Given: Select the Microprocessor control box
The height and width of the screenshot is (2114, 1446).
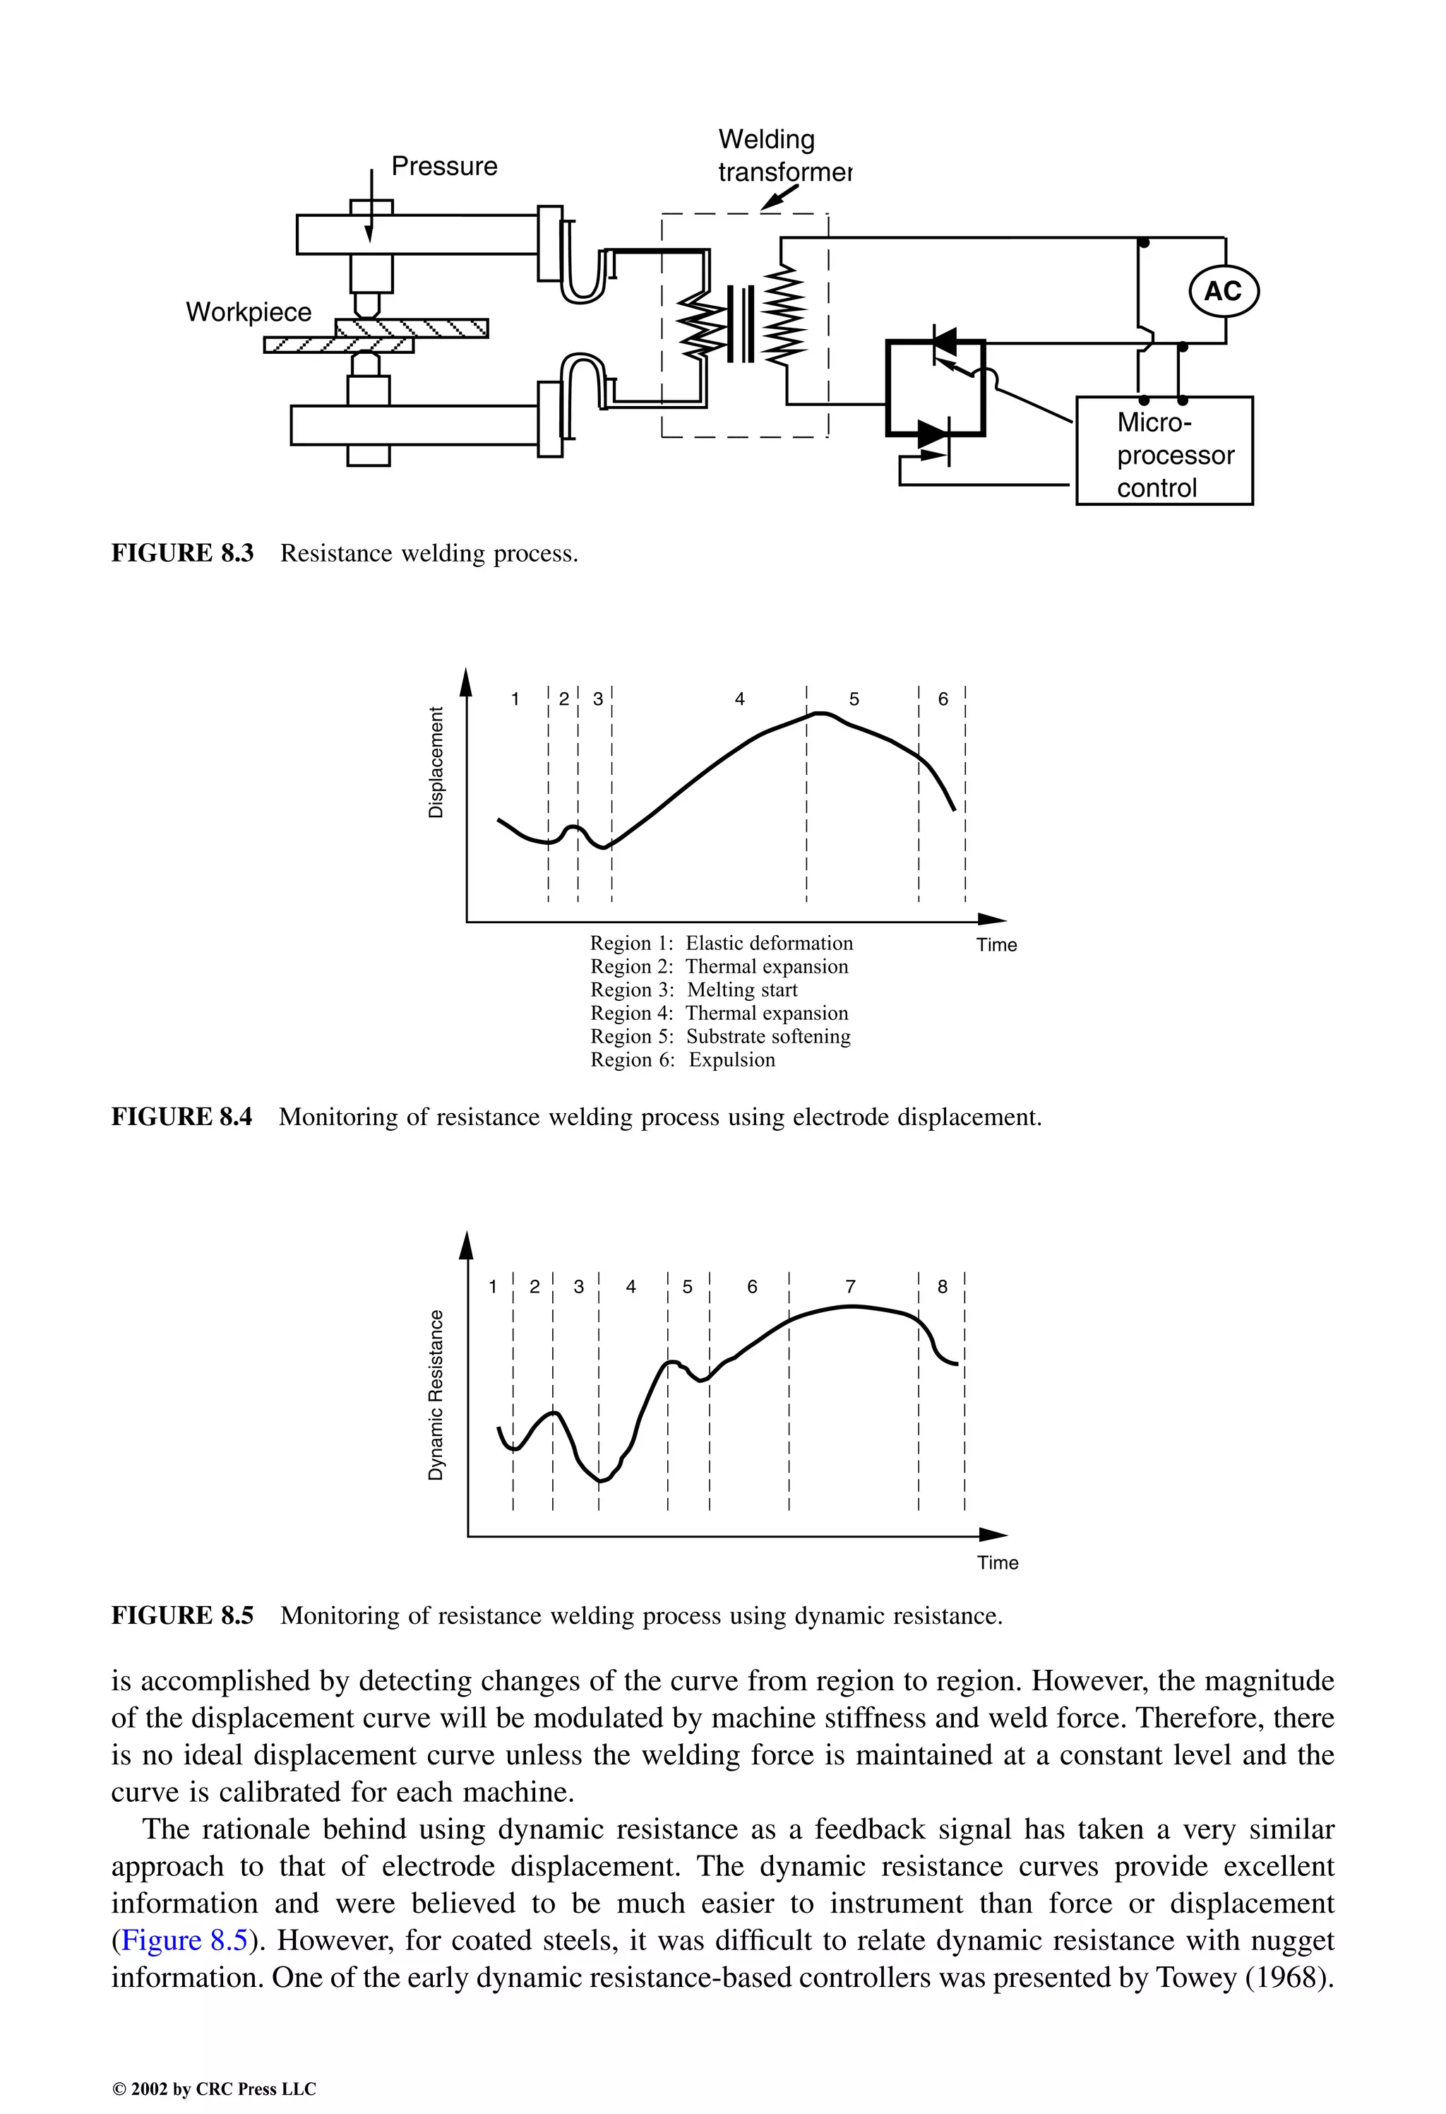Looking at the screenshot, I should click(x=1164, y=451).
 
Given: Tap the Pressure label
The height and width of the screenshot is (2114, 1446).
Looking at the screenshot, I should click(x=444, y=167).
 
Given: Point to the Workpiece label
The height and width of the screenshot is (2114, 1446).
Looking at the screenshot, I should click(x=249, y=312).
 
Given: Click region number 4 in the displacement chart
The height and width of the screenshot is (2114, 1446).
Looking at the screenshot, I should click(x=739, y=699).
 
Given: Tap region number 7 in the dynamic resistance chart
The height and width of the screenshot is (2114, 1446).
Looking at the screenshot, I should click(x=850, y=1286).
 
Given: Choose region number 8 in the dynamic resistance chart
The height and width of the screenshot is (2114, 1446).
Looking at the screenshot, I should click(x=942, y=1286).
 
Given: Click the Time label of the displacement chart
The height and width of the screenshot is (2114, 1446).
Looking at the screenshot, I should click(x=997, y=945).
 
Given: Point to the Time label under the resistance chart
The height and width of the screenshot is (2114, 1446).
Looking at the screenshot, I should click(x=998, y=1563).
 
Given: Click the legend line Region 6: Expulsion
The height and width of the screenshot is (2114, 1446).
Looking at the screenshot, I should click(x=682, y=1059).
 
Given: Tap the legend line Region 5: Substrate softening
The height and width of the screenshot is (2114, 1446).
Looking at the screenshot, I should click(x=720, y=1036).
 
